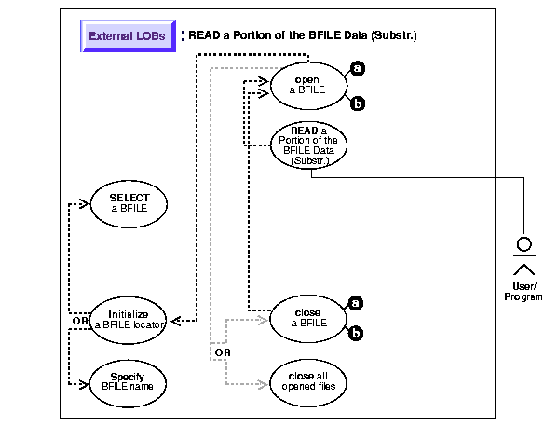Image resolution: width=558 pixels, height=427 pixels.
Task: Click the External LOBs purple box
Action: (129, 36)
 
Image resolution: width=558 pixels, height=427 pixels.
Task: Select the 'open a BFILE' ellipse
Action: (308, 86)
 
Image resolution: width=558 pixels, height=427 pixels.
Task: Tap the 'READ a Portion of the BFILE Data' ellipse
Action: (308, 145)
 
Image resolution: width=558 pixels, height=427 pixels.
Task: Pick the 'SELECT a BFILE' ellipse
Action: (129, 203)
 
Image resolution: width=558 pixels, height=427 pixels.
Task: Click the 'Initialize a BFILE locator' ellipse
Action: (128, 320)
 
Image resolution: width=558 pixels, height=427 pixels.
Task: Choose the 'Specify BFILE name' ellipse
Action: (128, 383)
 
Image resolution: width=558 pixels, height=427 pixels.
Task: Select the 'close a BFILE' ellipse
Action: (308, 319)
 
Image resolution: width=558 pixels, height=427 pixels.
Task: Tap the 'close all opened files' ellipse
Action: (308, 383)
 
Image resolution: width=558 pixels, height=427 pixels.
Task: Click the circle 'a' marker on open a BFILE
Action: (358, 68)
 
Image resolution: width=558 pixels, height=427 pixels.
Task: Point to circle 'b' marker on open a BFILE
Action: (358, 103)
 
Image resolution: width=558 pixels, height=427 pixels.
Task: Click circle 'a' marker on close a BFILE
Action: (355, 303)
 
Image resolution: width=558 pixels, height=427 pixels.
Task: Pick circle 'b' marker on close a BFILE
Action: (355, 334)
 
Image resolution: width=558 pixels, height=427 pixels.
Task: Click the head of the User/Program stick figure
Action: (524, 244)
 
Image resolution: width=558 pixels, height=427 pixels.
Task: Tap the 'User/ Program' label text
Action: (524, 292)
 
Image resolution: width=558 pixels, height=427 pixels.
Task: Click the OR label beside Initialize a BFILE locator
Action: (80, 321)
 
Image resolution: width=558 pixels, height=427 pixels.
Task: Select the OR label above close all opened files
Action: (223, 352)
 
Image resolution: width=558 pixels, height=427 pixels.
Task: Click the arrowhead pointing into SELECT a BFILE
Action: (85, 203)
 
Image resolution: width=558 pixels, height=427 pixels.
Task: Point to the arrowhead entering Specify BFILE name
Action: (84, 384)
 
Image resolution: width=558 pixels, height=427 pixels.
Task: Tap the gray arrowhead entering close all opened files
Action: (264, 384)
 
